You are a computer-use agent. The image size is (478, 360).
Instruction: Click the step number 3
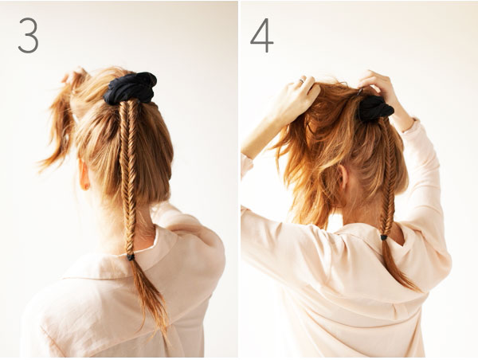[x=28, y=35]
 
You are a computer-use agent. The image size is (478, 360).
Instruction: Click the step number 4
[x=261, y=35]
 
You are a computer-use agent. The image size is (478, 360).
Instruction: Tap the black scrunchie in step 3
[x=130, y=88]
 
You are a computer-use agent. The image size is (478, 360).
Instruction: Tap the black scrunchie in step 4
[x=375, y=109]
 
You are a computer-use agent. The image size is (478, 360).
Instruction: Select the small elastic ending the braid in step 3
[x=131, y=257]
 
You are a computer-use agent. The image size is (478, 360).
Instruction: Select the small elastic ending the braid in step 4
[x=384, y=237]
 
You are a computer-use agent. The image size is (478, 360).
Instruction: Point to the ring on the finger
[x=301, y=80]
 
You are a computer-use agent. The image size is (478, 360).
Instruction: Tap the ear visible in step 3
[x=84, y=174]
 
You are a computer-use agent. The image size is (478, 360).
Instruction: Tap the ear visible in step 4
[x=343, y=177]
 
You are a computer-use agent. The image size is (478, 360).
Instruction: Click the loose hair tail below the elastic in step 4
[x=396, y=265]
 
